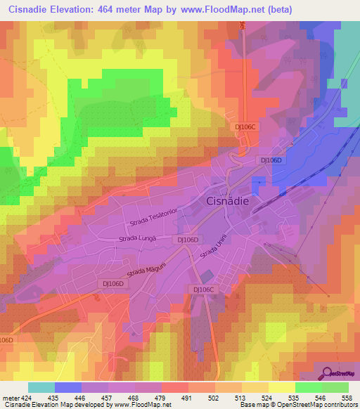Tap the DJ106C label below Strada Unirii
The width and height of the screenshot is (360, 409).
[202, 289]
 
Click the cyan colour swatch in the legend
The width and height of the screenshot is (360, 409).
[41, 387]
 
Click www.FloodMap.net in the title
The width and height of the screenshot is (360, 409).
[227, 10]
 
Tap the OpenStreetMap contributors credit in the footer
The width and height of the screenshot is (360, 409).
[316, 405]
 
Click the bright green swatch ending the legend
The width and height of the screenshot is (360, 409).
[335, 387]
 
